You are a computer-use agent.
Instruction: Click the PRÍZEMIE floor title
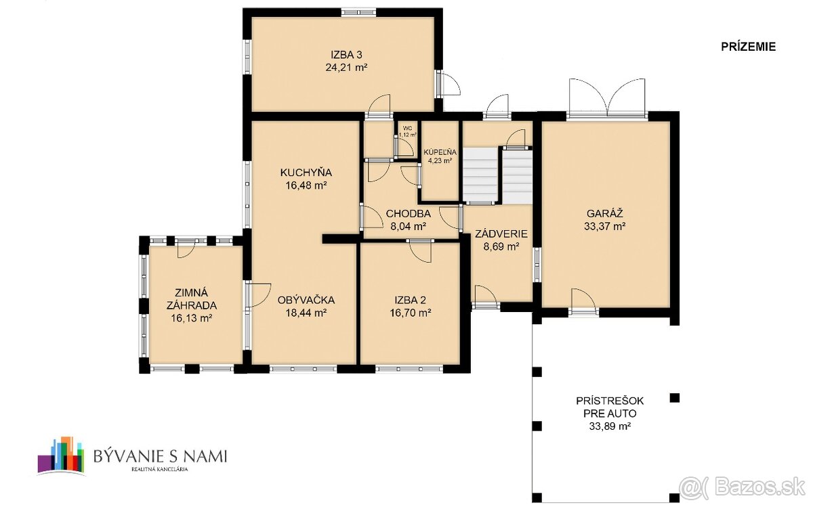pos(747,47)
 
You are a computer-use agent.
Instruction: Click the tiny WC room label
pos(407,127)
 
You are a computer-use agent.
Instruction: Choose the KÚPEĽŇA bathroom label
pos(440,151)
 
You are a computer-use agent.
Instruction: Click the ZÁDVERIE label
pos(501,234)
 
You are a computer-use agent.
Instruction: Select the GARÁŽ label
pos(605,214)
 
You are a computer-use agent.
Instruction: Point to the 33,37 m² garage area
pos(605,227)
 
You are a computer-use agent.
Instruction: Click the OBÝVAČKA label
pos(306,300)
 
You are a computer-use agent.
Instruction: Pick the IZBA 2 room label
pos(411,300)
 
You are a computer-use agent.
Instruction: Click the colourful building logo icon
pos(61,455)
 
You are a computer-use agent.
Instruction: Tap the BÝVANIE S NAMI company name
pos(160,456)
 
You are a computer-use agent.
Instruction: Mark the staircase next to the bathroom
pos(497,175)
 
